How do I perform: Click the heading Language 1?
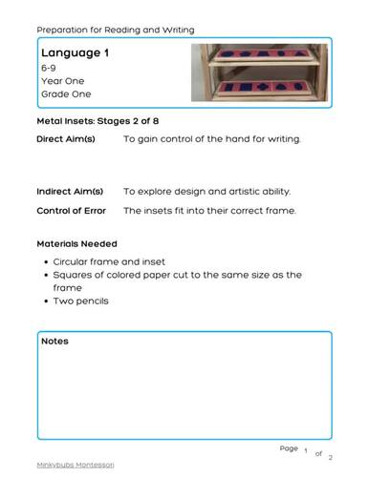click(x=75, y=53)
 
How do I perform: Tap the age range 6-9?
click(x=49, y=69)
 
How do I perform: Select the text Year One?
click(x=62, y=81)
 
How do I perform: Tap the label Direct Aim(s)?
click(x=66, y=139)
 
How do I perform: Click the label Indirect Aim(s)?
click(x=69, y=192)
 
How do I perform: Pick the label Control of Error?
click(x=73, y=210)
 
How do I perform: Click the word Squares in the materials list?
click(x=74, y=275)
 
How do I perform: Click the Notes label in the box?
click(x=54, y=341)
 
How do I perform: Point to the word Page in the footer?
click(x=289, y=447)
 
